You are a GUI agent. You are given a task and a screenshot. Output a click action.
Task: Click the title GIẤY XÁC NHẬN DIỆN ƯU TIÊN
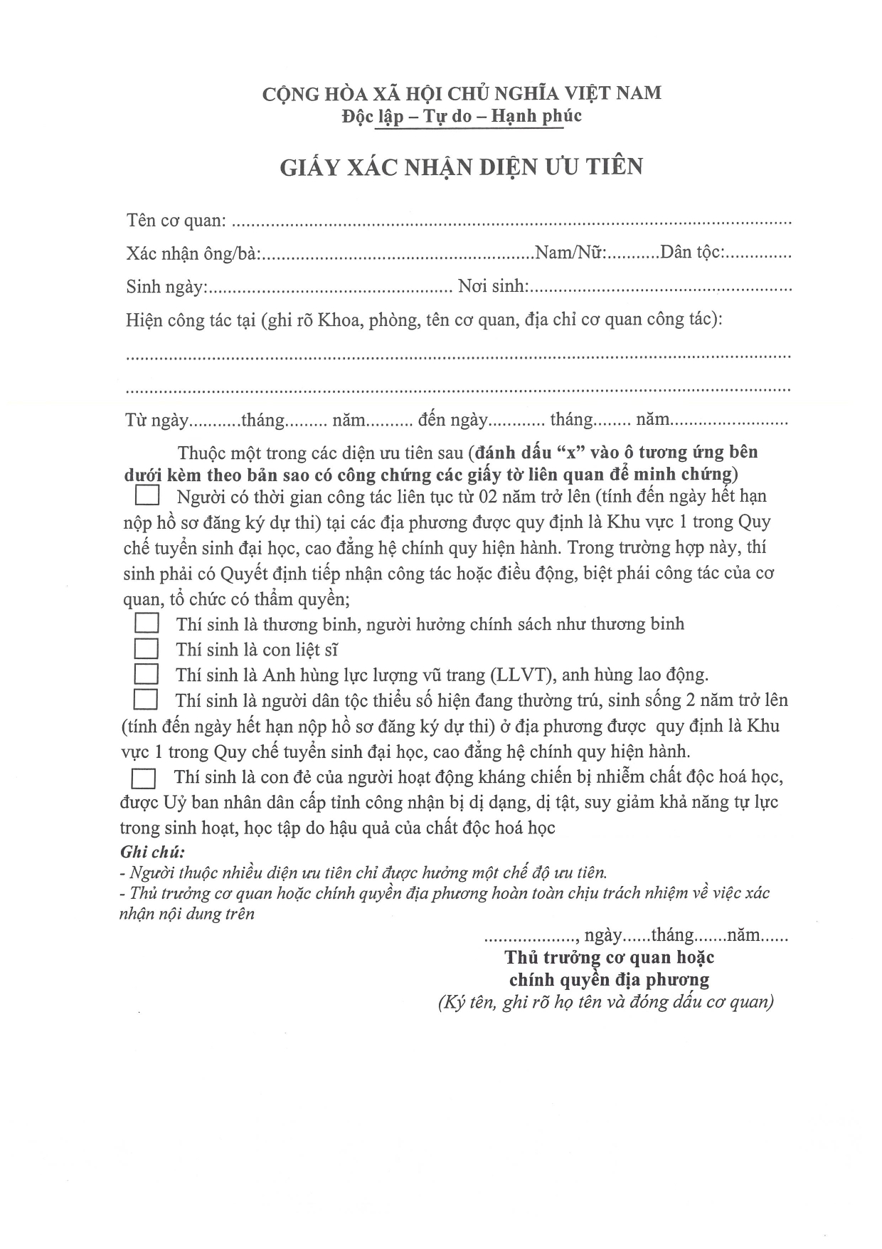pos(461,167)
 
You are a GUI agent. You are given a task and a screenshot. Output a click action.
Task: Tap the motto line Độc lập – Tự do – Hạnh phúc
pos(461,116)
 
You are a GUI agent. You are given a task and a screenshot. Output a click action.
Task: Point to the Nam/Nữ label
pos(570,253)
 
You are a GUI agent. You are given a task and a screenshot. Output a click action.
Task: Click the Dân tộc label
pos(692,253)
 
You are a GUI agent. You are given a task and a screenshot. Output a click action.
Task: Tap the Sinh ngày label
pos(166,287)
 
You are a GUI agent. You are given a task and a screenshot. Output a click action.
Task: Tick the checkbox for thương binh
pos(147,623)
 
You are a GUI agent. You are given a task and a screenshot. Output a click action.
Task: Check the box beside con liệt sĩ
pos(147,649)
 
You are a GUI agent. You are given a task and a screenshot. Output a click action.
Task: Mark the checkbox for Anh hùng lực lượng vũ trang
pos(147,674)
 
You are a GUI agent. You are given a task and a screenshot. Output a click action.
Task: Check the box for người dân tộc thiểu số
pos(146,700)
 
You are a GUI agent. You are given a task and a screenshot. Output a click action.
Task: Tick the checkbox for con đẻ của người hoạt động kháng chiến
pos(144,778)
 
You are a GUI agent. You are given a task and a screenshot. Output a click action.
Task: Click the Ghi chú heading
pos(152,851)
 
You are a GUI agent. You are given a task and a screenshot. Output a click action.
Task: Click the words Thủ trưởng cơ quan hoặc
pos(609,957)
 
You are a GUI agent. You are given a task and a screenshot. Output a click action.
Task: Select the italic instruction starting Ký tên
pos(605,1002)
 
